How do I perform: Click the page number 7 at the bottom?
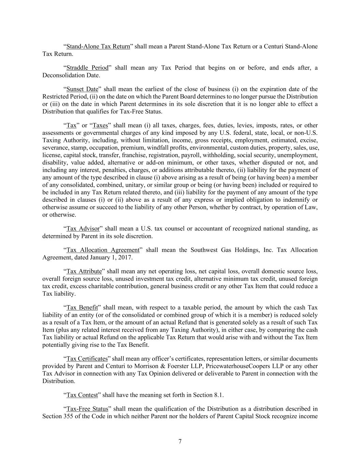[180, 441]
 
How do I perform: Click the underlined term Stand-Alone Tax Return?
[98, 46]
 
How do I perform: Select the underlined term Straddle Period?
[87, 68]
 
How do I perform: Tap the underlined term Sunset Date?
[82, 89]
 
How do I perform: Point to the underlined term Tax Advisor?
[83, 228]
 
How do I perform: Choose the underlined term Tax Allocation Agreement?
[103, 250]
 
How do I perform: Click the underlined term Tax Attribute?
[84, 271]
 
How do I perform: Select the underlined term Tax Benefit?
[82, 308]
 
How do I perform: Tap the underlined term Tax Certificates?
[87, 359]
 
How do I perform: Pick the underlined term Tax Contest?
[82, 395]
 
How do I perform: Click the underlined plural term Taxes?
[100, 125]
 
